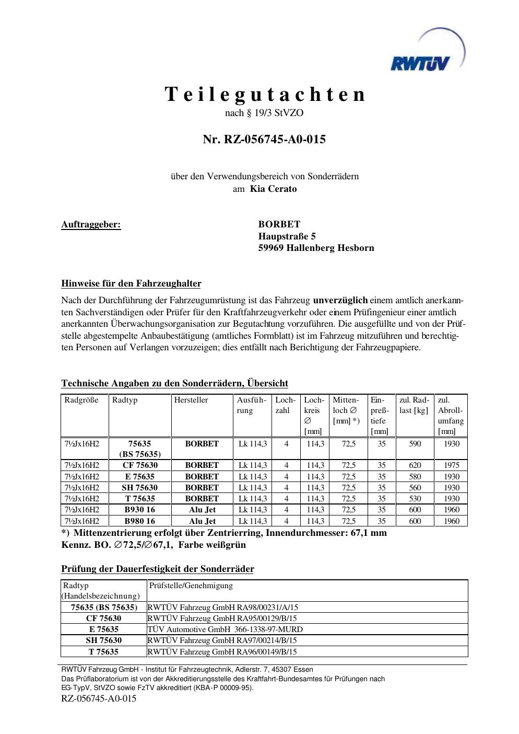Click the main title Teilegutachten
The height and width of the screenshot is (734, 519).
[265, 94]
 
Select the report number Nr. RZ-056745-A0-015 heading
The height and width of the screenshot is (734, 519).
[264, 139]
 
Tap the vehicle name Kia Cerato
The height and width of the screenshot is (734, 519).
[273, 189]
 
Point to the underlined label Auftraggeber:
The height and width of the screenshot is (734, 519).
[91, 225]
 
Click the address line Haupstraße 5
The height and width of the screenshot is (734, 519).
[287, 236]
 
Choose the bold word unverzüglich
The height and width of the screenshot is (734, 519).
[340, 300]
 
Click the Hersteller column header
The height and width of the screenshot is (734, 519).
[191, 400]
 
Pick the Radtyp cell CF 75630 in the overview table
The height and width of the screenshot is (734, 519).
[140, 465]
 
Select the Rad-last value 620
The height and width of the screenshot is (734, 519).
[415, 465]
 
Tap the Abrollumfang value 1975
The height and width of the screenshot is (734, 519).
[452, 465]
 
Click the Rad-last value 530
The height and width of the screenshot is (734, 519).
[415, 499]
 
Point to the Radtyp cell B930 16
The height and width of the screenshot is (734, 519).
[139, 510]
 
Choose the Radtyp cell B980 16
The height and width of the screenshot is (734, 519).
[139, 521]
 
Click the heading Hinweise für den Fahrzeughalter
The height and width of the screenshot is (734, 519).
[131, 284]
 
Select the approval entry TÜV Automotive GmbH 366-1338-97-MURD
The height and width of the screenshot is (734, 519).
[225, 629]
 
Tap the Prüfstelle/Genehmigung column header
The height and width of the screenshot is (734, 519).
[191, 586]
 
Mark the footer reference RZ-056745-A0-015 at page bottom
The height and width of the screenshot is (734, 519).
[99, 698]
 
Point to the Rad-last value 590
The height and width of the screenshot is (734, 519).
[415, 443]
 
